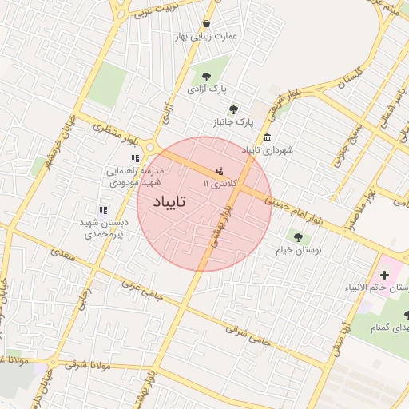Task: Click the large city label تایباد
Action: [x=162, y=202]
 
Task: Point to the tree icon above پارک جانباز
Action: [x=233, y=110]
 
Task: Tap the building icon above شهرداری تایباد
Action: [x=266, y=136]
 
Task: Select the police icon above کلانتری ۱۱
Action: [x=220, y=170]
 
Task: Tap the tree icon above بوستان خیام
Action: [x=298, y=236]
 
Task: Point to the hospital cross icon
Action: [x=385, y=275]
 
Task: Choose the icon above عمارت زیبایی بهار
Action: [x=208, y=23]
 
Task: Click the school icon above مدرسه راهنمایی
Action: [x=135, y=158]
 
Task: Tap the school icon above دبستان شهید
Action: [x=102, y=209]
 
